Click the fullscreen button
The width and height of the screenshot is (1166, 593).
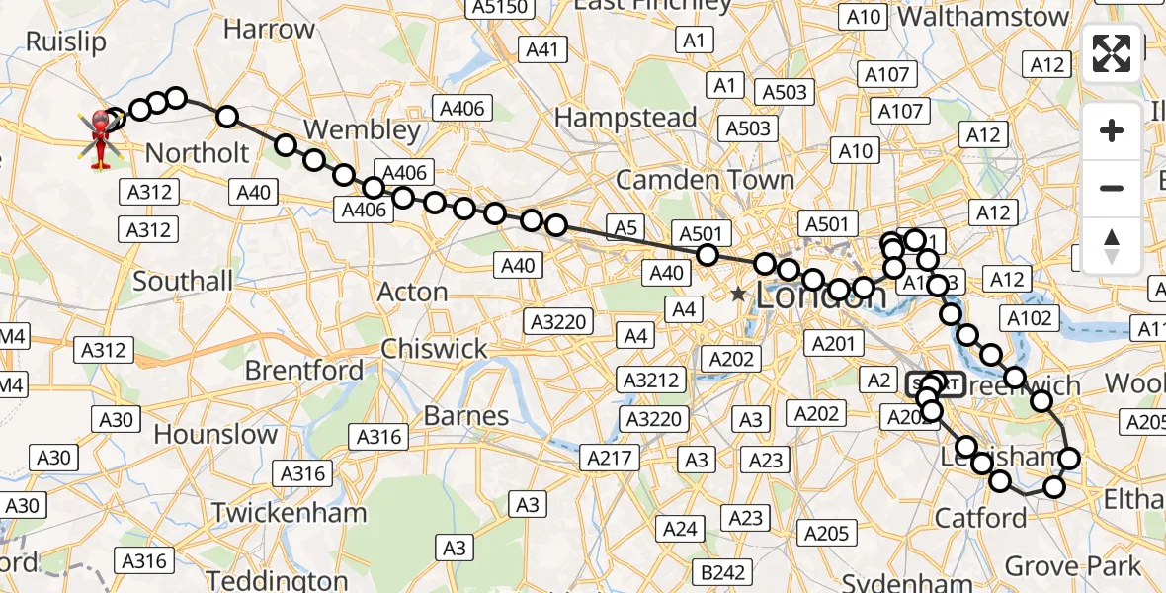click(x=1112, y=52)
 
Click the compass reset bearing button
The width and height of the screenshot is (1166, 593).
click(x=1112, y=246)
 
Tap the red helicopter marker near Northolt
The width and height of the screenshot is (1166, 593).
click(x=100, y=138)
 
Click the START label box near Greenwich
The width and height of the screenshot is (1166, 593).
click(x=936, y=383)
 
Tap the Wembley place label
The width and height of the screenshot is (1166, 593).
click(x=362, y=129)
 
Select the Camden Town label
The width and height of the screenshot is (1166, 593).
click(x=705, y=180)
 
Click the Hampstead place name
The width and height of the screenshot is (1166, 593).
click(x=625, y=118)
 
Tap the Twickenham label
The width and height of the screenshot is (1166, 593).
click(x=290, y=513)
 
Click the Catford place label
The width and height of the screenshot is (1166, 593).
click(x=980, y=518)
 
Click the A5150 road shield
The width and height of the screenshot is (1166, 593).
click(x=499, y=8)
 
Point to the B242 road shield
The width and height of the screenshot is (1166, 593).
click(x=719, y=572)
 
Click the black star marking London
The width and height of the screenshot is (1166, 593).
click(x=739, y=294)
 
